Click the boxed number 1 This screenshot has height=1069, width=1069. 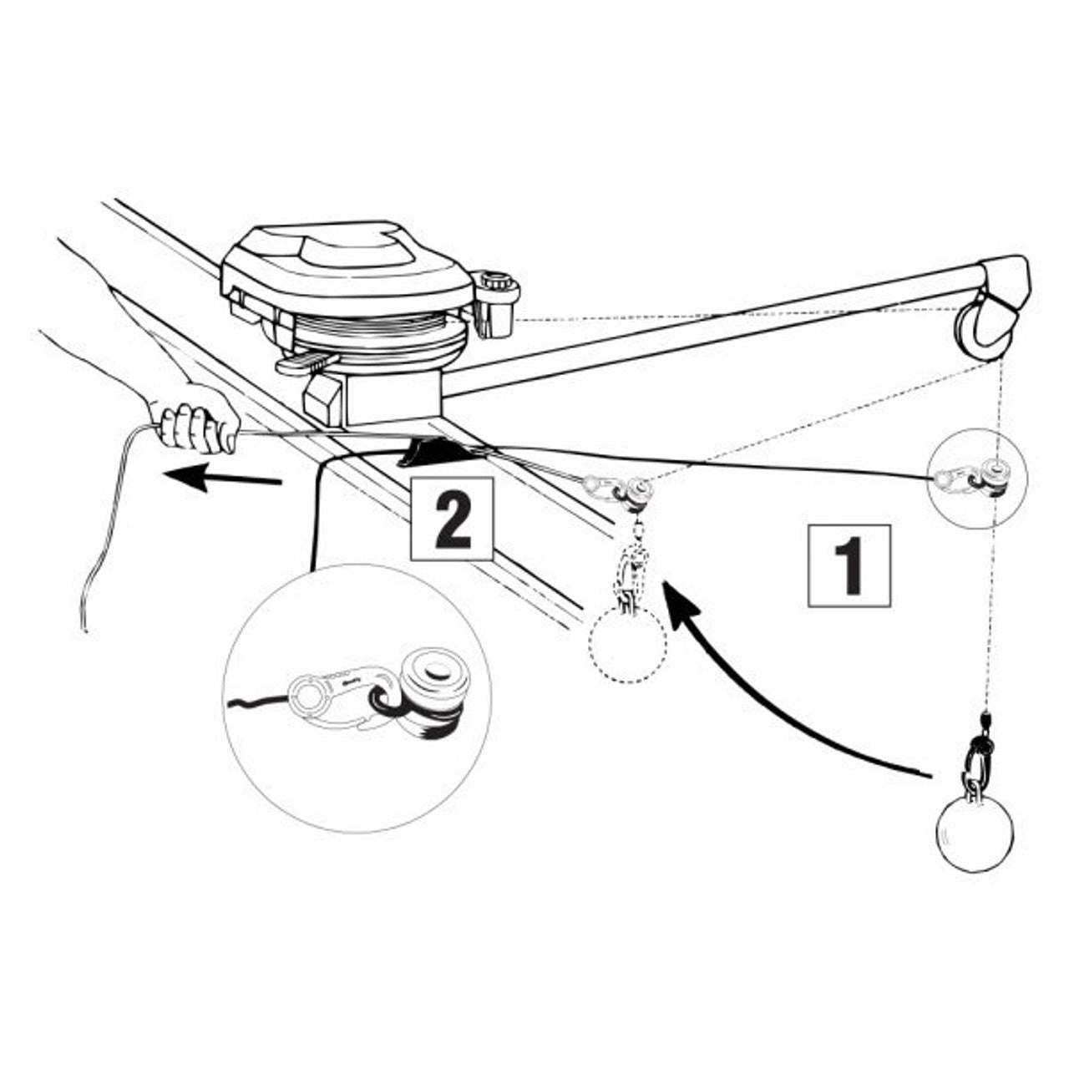849,565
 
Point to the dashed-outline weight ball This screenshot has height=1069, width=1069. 627,644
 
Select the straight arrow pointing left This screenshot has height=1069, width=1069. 222,478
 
